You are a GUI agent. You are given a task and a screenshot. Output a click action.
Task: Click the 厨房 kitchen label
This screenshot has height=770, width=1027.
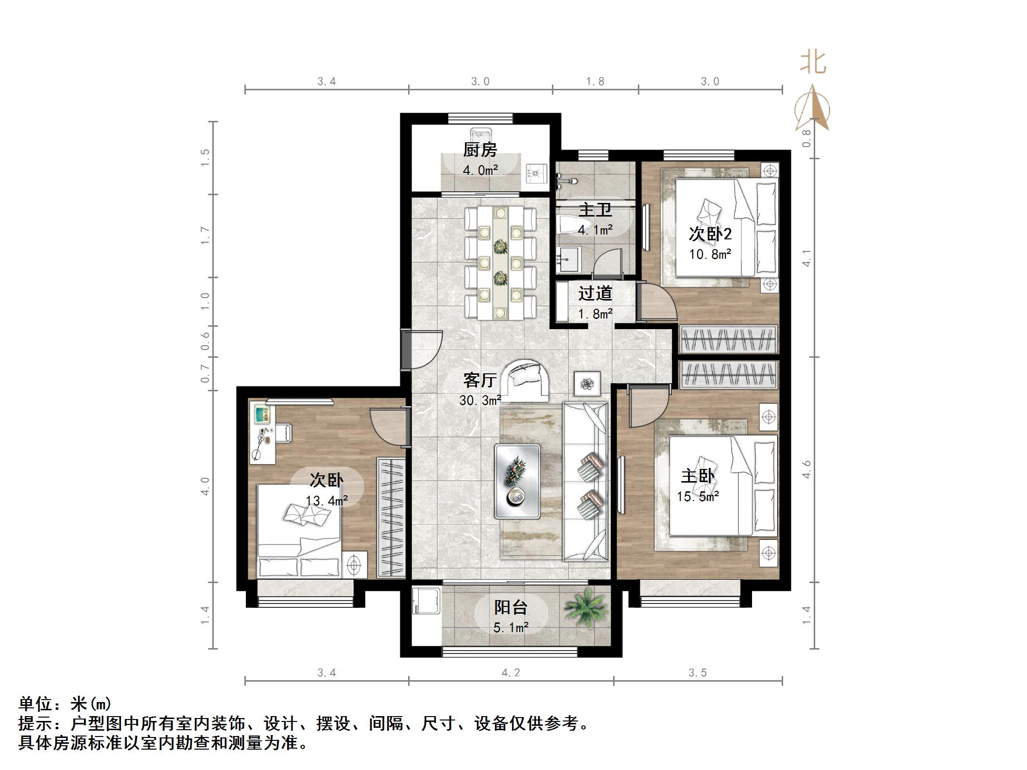[479, 150]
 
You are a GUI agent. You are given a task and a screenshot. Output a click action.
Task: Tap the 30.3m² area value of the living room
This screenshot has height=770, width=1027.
[480, 401]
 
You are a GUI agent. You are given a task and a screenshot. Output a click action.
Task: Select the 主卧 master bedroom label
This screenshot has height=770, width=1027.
[698, 476]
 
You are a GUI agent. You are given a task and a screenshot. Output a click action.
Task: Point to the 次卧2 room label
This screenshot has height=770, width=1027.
[710, 234]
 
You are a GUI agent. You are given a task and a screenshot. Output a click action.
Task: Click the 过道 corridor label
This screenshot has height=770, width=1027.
[595, 293]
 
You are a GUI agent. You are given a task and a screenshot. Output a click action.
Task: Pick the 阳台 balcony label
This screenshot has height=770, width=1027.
[511, 607]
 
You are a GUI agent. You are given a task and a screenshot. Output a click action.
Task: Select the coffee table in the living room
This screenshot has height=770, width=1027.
[517, 481]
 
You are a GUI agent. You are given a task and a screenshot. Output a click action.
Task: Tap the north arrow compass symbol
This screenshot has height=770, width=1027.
[812, 108]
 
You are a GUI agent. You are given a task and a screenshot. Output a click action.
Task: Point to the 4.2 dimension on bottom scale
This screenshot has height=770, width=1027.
[511, 672]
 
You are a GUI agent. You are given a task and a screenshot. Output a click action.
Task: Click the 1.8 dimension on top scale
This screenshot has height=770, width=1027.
[595, 82]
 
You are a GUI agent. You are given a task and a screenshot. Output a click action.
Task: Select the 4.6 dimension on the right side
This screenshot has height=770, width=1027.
[806, 469]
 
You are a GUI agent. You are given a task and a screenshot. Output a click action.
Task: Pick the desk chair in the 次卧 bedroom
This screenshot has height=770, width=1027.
[284, 433]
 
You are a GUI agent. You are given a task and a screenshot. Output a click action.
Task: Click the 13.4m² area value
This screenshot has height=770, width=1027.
[326, 501]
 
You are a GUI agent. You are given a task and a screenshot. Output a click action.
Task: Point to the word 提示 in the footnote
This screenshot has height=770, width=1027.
[35, 724]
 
